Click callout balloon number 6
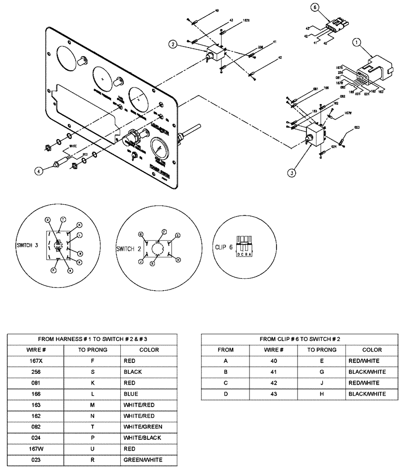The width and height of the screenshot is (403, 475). pyautogui.click(x=314, y=7)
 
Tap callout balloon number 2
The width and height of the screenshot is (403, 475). pyautogui.click(x=174, y=45)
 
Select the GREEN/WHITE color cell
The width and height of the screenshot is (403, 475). pyautogui.click(x=143, y=459)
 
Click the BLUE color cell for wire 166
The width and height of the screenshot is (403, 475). pyautogui.click(x=131, y=394)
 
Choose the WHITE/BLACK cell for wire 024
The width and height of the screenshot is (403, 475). pyautogui.click(x=142, y=437)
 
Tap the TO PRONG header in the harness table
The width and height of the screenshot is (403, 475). pyautogui.click(x=93, y=350)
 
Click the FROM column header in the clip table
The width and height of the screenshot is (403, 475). pyautogui.click(x=225, y=350)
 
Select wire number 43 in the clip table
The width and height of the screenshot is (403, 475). pyautogui.click(x=273, y=394)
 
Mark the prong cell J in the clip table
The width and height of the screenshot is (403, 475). pyautogui.click(x=321, y=383)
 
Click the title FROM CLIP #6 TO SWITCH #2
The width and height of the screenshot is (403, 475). pyautogui.click(x=299, y=339)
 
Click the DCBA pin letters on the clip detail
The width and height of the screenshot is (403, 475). pyautogui.click(x=245, y=254)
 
